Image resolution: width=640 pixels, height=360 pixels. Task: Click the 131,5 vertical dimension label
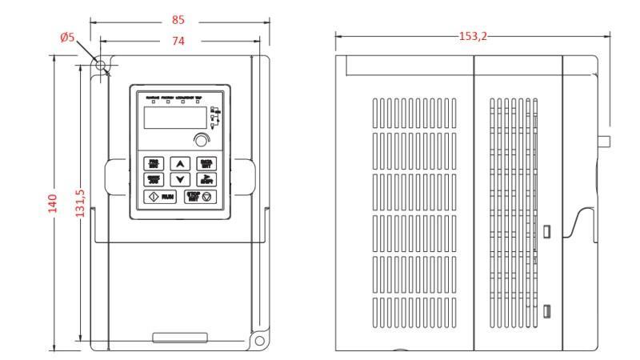click(x=81, y=205)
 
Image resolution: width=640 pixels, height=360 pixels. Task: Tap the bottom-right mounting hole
click(x=259, y=341)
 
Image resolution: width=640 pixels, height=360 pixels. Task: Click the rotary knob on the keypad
click(x=198, y=142)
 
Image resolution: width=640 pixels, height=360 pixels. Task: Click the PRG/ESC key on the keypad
click(x=153, y=164)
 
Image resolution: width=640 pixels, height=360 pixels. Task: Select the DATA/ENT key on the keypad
click(x=206, y=164)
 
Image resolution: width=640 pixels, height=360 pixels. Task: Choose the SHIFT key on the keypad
click(x=206, y=179)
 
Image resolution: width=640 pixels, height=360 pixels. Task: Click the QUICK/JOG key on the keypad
click(x=153, y=179)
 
